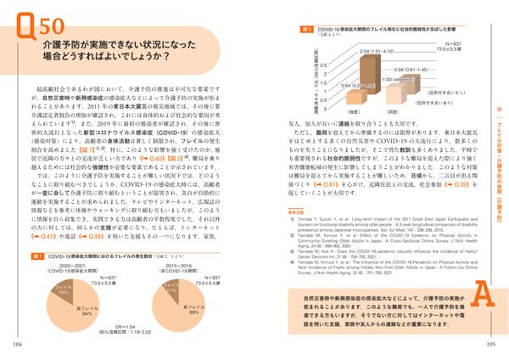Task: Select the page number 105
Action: coord(490,344)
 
